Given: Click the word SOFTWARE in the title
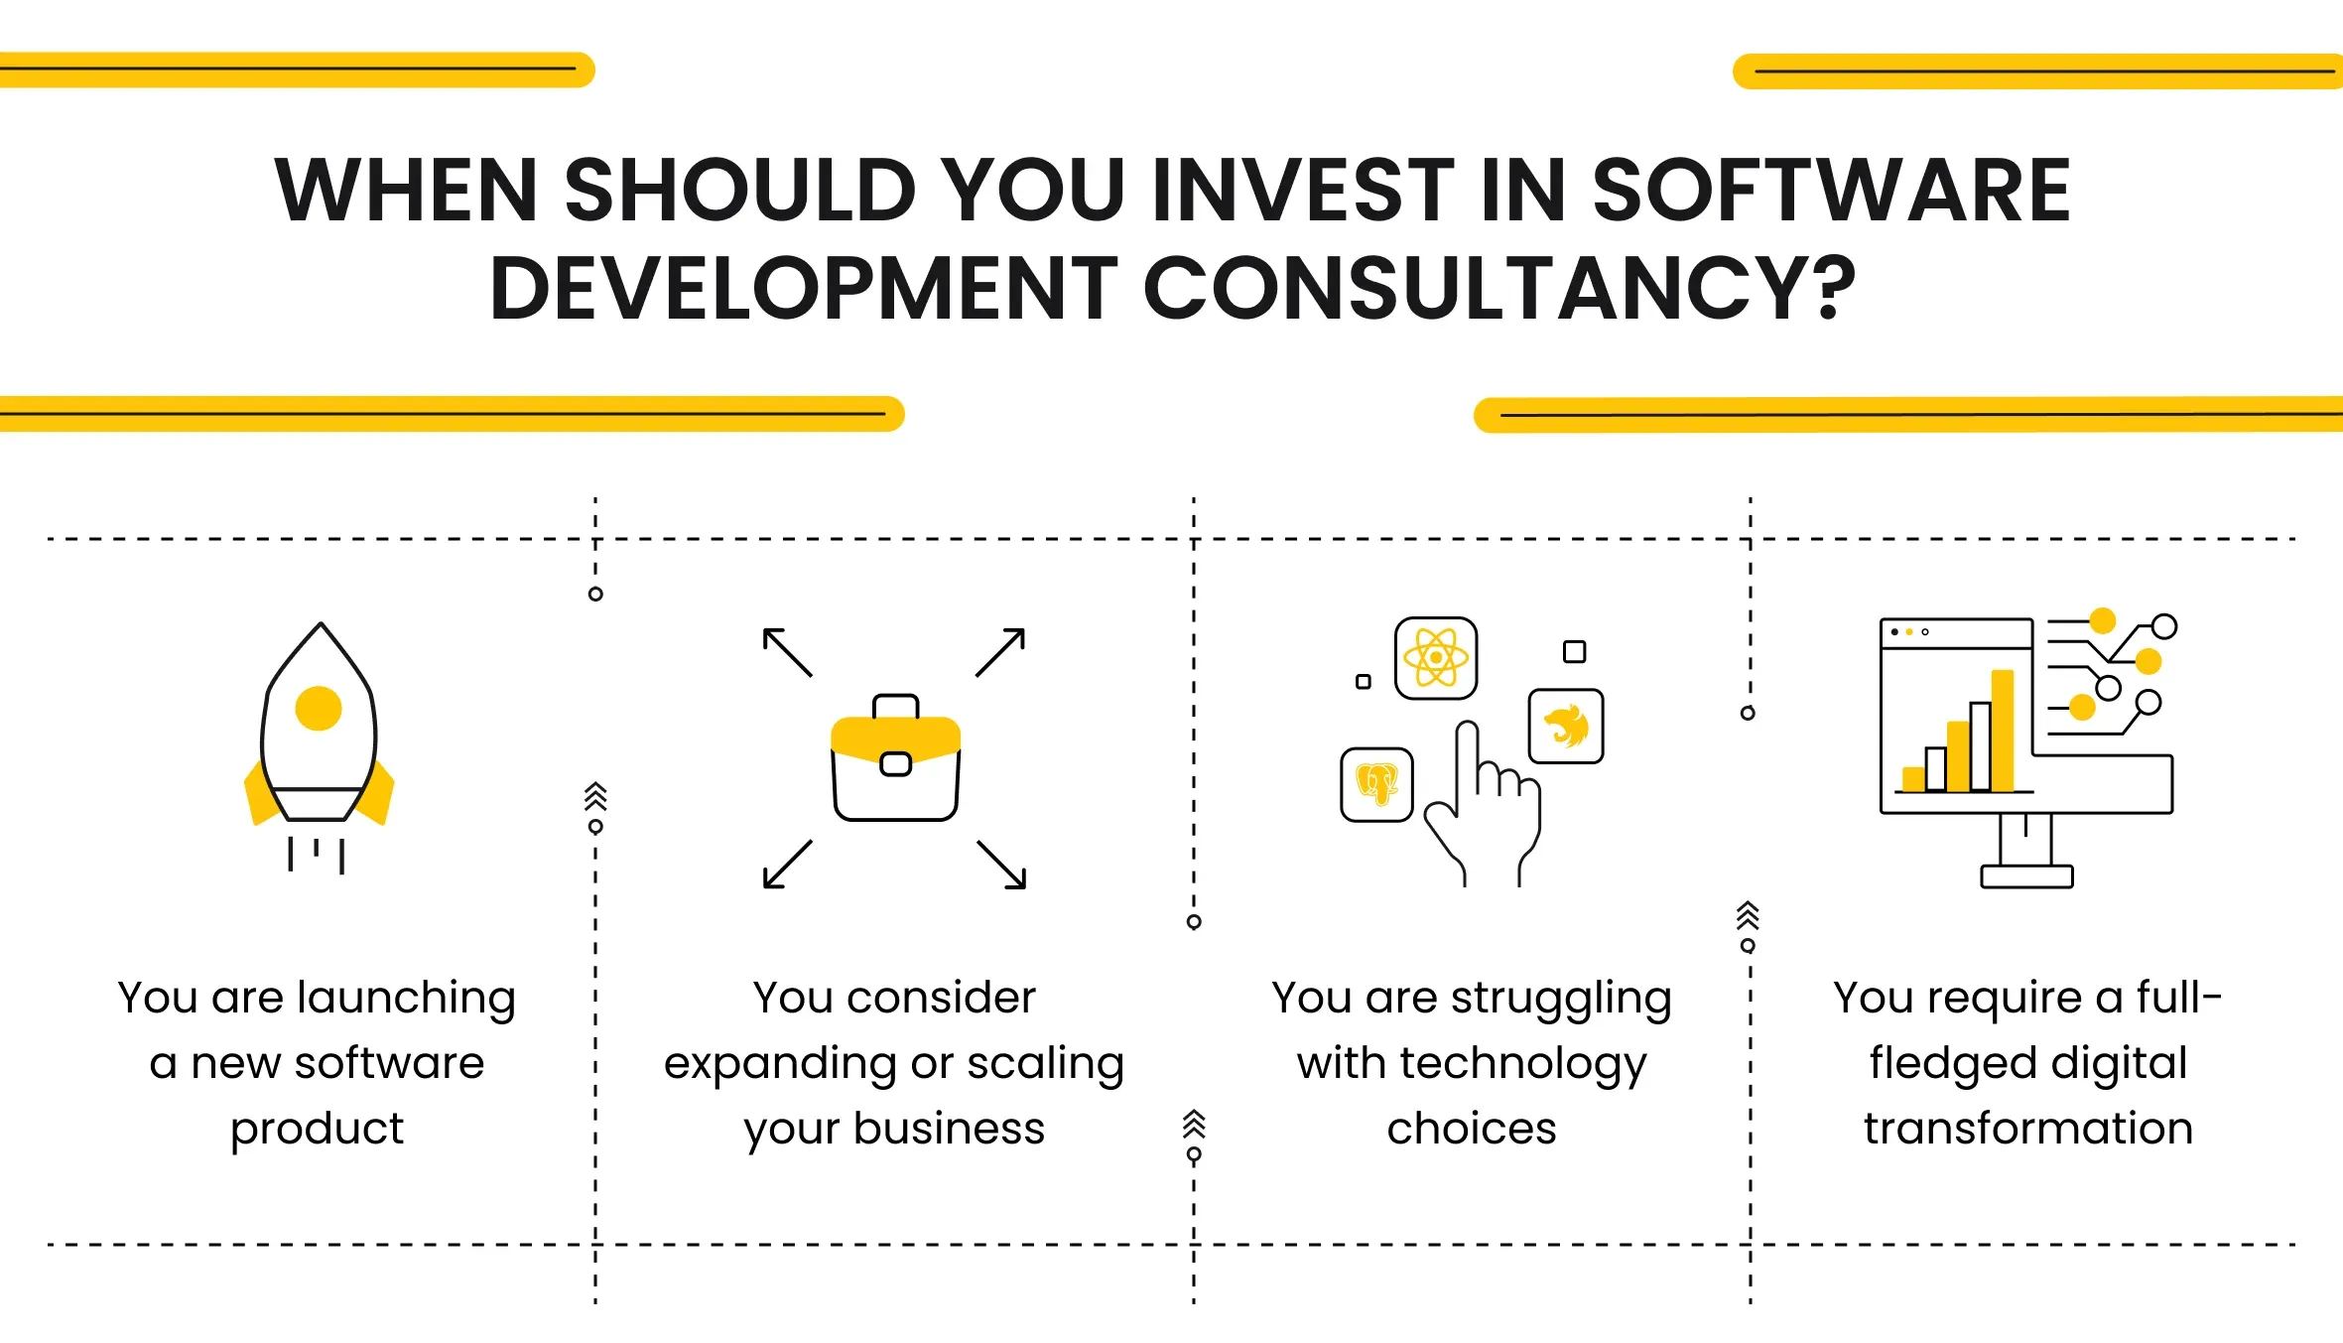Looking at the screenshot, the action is (1831, 190).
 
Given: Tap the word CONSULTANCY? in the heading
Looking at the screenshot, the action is (1499, 288).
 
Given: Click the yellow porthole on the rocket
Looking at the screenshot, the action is (319, 709).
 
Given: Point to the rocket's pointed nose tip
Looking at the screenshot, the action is (321, 623).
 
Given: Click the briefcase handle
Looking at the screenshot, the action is (896, 705).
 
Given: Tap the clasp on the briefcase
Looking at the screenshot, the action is (896, 763).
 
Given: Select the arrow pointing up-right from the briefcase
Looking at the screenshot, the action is (1000, 652).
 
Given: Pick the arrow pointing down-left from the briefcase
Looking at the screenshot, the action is (788, 865).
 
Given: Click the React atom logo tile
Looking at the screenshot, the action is (1436, 658).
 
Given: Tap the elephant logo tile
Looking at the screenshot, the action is (1376, 785).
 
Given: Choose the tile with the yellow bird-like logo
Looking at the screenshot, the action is (1566, 726).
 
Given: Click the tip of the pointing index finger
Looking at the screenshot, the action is (1467, 726).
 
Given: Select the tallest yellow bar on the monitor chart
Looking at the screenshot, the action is (2003, 731).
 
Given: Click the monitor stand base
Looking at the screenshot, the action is (2026, 876).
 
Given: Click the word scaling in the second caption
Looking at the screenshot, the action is (1045, 1064).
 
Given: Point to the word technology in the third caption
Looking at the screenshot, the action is (1523, 1064).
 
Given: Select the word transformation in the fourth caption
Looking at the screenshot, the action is (2028, 1129).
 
